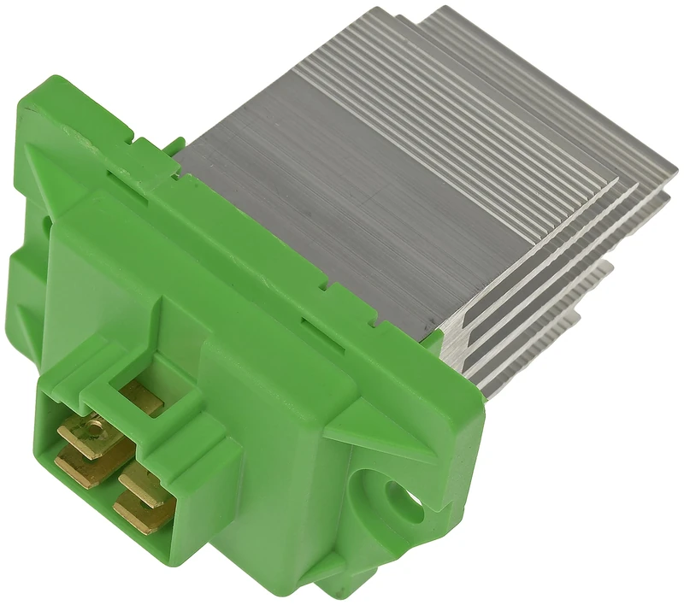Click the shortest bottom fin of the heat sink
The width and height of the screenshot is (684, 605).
(547, 342)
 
